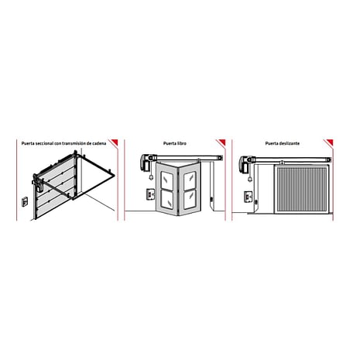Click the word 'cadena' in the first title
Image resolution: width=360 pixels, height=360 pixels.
point(99,143)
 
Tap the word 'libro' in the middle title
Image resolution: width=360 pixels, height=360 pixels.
point(181,143)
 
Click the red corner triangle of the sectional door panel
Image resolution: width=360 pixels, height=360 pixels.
point(115,142)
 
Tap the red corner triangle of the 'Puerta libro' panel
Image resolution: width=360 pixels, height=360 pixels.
point(222,142)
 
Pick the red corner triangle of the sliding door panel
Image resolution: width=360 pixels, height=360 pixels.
point(330,142)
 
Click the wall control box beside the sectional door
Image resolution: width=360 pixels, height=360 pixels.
point(24,201)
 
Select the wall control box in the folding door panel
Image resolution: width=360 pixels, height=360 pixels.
point(150,194)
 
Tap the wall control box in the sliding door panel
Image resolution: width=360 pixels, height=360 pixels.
point(248,197)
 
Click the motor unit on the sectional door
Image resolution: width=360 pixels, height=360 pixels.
point(39,184)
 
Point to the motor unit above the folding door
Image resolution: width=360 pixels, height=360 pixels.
point(146,161)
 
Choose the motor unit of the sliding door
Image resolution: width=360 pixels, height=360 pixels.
point(245,163)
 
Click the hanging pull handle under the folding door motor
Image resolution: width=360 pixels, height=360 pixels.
point(151,177)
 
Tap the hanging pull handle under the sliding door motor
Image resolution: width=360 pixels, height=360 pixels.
point(250,179)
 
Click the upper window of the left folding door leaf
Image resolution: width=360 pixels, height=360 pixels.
point(167,179)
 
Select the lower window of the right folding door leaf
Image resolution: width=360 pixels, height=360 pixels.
point(190,200)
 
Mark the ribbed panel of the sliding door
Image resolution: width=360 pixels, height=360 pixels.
point(302,189)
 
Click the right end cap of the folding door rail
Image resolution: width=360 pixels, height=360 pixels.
point(220,157)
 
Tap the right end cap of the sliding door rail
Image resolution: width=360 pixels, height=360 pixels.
point(328,159)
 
